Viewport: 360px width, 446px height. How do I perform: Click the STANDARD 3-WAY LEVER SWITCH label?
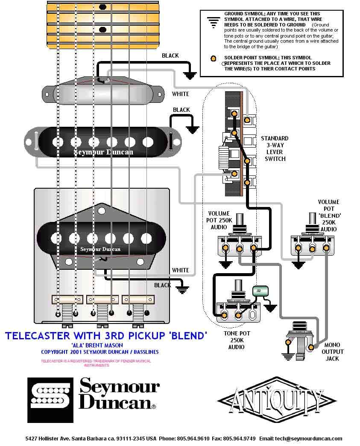coord(275,149)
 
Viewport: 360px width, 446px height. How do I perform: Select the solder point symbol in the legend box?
coord(212,59)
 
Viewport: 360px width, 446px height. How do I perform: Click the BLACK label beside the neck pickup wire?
coord(170,56)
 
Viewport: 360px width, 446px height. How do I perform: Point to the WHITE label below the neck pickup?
coord(180,94)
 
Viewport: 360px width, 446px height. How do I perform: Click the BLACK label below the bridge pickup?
coord(162,285)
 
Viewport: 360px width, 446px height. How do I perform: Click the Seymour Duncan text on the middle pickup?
coord(104,152)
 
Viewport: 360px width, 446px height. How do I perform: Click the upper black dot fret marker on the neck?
coord(102,7)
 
